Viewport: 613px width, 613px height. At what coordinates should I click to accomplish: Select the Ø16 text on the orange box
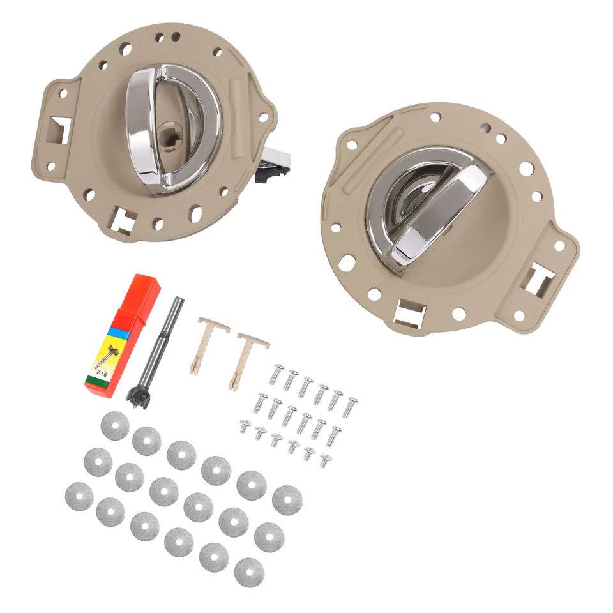(x=102, y=373)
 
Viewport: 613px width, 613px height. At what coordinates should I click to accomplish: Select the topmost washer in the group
(x=115, y=425)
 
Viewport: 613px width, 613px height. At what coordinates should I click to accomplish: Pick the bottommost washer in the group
(x=248, y=572)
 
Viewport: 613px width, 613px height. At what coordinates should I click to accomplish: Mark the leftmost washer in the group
(x=79, y=496)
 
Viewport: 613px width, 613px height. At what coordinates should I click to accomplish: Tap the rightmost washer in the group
(x=287, y=499)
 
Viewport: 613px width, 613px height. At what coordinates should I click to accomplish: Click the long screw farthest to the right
(x=350, y=407)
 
